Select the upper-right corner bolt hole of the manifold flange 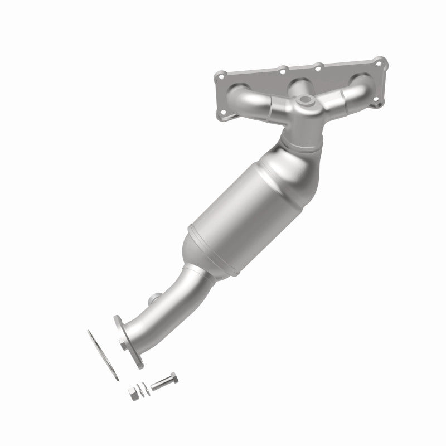(x=380, y=60)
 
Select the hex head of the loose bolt (x=173, y=376)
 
